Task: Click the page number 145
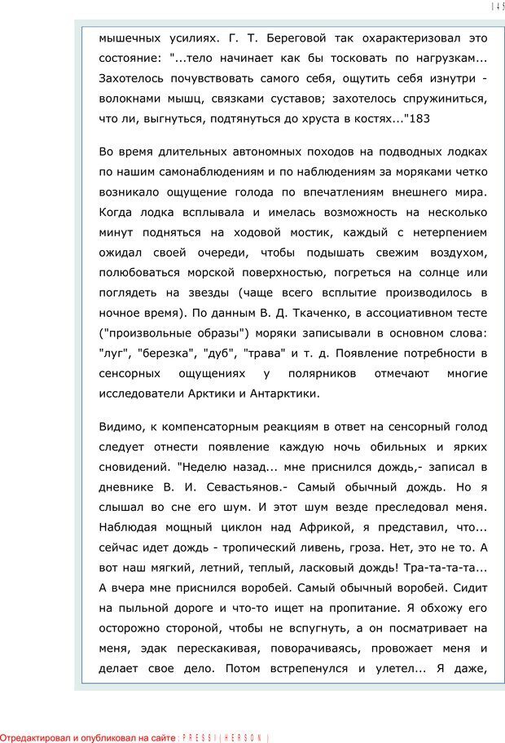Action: coord(497,7)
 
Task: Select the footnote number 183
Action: coord(418,119)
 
